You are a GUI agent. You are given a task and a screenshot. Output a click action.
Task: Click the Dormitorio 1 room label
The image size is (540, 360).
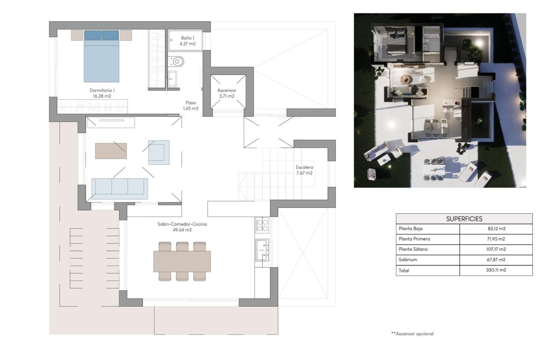102,93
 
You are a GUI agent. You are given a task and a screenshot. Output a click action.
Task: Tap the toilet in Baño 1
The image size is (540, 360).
177,61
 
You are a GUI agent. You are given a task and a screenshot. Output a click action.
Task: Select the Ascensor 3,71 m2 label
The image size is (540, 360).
227,93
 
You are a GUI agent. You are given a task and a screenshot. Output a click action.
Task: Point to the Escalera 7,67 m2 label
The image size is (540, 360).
304,170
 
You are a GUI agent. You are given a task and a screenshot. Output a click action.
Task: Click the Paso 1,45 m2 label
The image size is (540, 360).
191,105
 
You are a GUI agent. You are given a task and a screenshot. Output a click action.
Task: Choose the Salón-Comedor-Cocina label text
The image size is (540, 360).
182,227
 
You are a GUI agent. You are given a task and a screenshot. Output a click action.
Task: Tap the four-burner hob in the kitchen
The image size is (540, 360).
262,225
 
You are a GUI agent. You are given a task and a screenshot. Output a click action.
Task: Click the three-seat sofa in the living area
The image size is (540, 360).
120,188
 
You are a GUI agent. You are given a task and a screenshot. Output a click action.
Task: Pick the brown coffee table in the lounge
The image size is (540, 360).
111,151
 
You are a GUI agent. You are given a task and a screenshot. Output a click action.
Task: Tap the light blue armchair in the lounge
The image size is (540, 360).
159,152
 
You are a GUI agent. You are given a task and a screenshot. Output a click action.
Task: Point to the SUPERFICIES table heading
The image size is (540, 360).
464,219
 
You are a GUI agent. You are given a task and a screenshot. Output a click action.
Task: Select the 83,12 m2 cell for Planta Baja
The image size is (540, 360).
496,229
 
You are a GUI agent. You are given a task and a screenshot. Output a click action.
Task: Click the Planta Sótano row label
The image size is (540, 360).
413,249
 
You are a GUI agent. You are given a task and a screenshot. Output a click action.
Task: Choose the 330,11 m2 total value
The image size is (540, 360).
496,270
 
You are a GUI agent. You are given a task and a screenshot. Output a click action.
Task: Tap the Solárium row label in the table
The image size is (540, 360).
408,260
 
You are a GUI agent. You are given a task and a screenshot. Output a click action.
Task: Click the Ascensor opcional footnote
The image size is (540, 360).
412,334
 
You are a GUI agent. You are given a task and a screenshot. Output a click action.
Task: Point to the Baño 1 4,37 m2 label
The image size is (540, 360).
187,41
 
